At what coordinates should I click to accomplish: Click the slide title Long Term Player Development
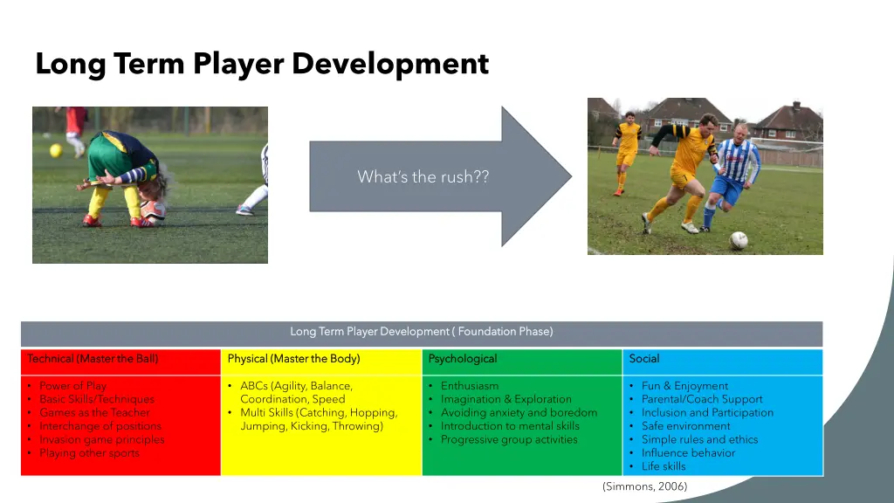click(262, 64)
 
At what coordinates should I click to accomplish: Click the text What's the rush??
click(423, 177)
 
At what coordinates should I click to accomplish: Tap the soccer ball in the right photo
click(739, 240)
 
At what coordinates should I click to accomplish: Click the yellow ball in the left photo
click(56, 150)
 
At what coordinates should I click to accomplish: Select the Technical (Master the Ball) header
click(93, 359)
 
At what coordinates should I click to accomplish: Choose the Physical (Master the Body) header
click(293, 359)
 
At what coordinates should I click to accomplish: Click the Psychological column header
click(463, 359)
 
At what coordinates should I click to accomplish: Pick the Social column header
click(644, 359)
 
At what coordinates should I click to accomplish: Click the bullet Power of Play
click(72, 386)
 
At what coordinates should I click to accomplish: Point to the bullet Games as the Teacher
click(94, 413)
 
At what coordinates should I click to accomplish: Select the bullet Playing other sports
click(89, 453)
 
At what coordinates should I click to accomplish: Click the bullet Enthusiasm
click(470, 386)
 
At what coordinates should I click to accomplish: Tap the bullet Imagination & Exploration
click(505, 399)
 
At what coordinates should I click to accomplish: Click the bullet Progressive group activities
click(509, 440)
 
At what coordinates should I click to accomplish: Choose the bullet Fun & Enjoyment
click(684, 386)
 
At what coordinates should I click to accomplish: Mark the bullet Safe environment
click(685, 426)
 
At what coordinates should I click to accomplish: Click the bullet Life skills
click(664, 466)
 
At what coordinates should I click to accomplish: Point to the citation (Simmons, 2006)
click(644, 486)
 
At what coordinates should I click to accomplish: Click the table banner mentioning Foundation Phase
click(422, 332)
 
